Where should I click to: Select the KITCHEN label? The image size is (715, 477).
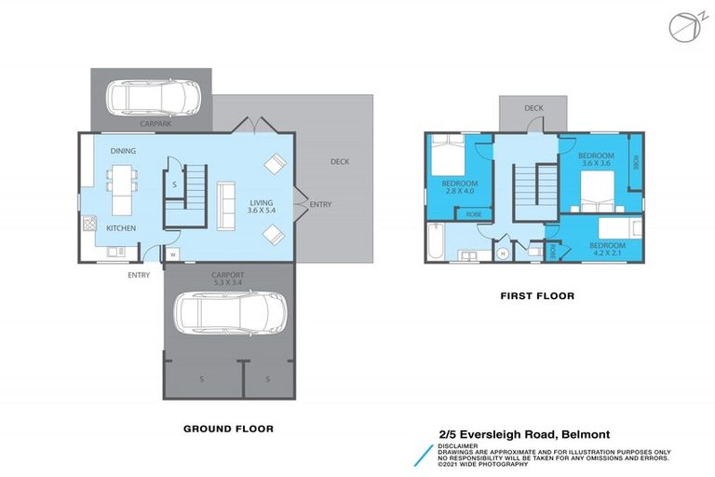point(121,228)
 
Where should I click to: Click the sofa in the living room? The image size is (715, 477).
point(225,205)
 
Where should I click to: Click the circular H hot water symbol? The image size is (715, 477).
point(503,252)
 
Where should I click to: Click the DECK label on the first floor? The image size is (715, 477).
point(533,108)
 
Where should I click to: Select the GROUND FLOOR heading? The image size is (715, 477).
point(227,429)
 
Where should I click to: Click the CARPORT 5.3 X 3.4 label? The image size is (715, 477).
point(227,278)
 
